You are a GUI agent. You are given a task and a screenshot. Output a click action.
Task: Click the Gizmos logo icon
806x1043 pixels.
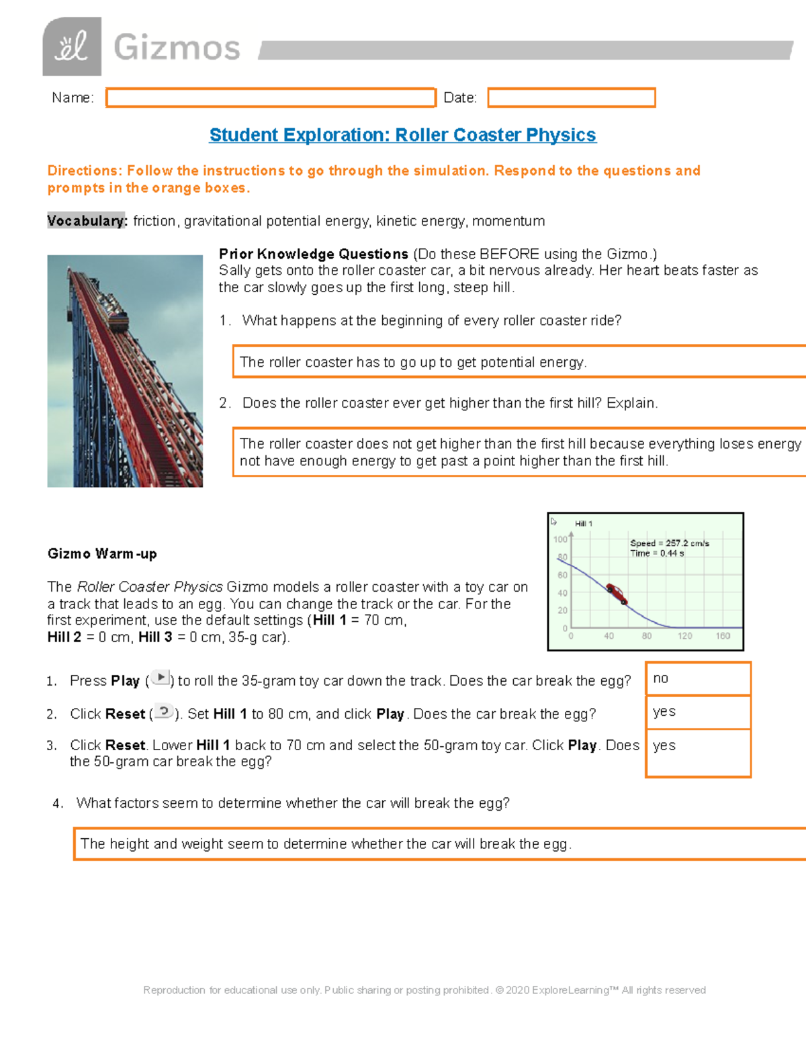coord(72,47)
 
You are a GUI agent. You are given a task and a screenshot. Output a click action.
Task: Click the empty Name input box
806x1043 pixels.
coord(271,98)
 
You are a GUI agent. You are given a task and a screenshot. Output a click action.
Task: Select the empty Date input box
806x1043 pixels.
coord(571,98)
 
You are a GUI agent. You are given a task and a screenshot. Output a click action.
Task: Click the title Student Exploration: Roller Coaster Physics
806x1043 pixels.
coord(402,135)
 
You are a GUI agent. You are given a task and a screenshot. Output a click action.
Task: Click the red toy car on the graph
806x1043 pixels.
coord(617,594)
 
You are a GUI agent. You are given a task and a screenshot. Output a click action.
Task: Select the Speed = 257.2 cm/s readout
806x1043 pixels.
coord(669,543)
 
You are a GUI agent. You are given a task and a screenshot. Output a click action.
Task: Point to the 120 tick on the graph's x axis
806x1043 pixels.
coord(684,636)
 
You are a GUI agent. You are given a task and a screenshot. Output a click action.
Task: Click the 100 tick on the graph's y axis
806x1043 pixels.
coord(560,539)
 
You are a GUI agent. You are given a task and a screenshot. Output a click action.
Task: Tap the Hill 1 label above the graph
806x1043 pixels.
coord(583,524)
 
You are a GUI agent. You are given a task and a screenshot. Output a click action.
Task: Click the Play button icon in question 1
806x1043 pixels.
coord(161,678)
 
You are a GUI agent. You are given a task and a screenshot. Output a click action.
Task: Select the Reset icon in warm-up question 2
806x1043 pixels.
coord(164,711)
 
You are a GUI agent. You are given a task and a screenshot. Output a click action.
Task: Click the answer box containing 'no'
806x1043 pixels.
coord(697,679)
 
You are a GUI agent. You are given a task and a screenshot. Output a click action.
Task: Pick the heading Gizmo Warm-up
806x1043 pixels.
coord(102,554)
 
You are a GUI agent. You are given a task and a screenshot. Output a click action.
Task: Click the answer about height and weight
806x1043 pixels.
coord(326,844)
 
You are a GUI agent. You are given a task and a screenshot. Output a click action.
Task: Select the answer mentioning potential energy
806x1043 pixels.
coord(413,363)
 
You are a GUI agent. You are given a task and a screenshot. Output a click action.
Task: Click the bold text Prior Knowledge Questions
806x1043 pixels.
coord(314,255)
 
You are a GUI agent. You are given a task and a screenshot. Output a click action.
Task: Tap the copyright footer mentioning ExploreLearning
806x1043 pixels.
coord(424,990)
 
